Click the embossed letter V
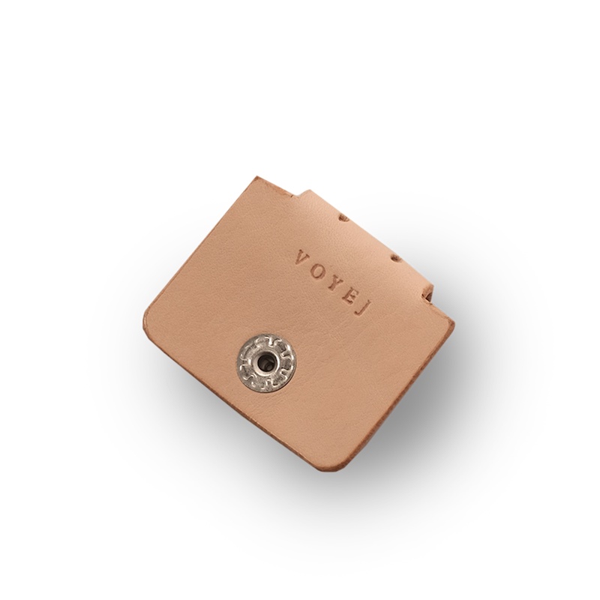pyautogui.click(x=302, y=257)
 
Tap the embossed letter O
pyautogui.click(x=321, y=269)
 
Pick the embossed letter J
pyautogui.click(x=360, y=308)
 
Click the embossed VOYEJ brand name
pyautogui.click(x=331, y=283)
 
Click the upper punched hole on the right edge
pyautogui.click(x=344, y=218)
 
